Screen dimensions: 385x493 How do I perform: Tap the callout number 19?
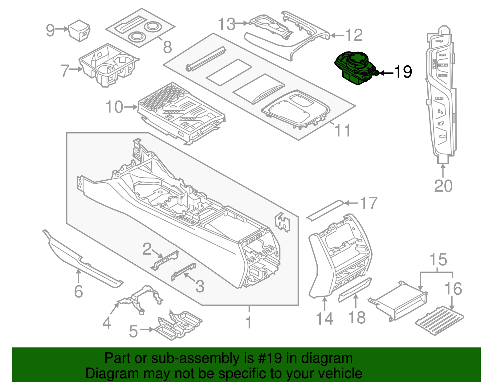403,72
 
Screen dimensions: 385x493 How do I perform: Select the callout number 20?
443,186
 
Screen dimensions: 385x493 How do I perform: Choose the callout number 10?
114,107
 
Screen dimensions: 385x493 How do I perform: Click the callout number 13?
227,24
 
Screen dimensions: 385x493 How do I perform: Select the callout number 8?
167,47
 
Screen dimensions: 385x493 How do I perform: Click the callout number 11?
343,131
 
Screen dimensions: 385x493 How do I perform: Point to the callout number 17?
369,203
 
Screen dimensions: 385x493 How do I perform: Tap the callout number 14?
325,318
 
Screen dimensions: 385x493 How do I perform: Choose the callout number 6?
79,291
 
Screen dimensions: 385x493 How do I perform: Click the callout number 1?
249,322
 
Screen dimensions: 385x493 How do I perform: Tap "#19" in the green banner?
268,358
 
